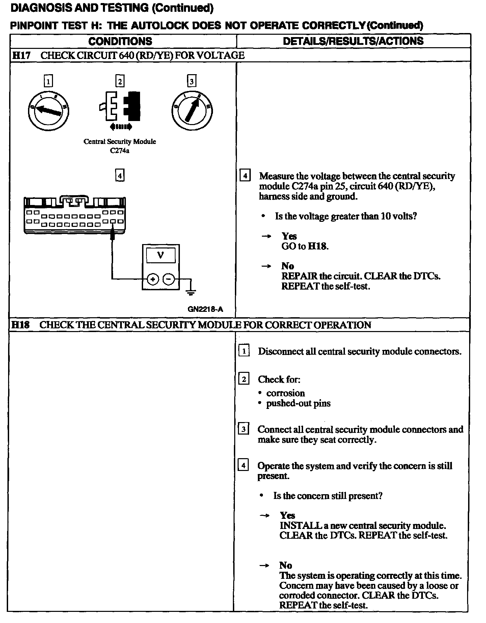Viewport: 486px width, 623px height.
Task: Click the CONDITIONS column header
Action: coord(120,41)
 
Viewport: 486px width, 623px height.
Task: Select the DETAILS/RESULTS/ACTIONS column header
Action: coord(353,41)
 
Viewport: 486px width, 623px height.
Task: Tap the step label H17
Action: coord(21,55)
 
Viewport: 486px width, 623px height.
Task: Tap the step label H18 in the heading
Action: coord(20,325)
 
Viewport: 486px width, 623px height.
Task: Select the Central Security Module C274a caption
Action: coord(120,146)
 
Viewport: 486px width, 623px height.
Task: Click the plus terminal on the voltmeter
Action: coord(153,279)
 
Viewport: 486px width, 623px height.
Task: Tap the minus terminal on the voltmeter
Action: coord(169,279)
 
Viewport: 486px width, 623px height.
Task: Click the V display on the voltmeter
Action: coord(161,255)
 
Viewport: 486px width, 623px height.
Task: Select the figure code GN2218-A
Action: coord(205,309)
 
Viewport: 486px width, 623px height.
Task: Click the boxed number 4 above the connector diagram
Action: coord(120,176)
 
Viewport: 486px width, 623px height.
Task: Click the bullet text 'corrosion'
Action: coord(286,393)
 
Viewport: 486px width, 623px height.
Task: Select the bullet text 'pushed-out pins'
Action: coord(298,403)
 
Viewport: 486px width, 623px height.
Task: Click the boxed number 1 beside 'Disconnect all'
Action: coord(244,351)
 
